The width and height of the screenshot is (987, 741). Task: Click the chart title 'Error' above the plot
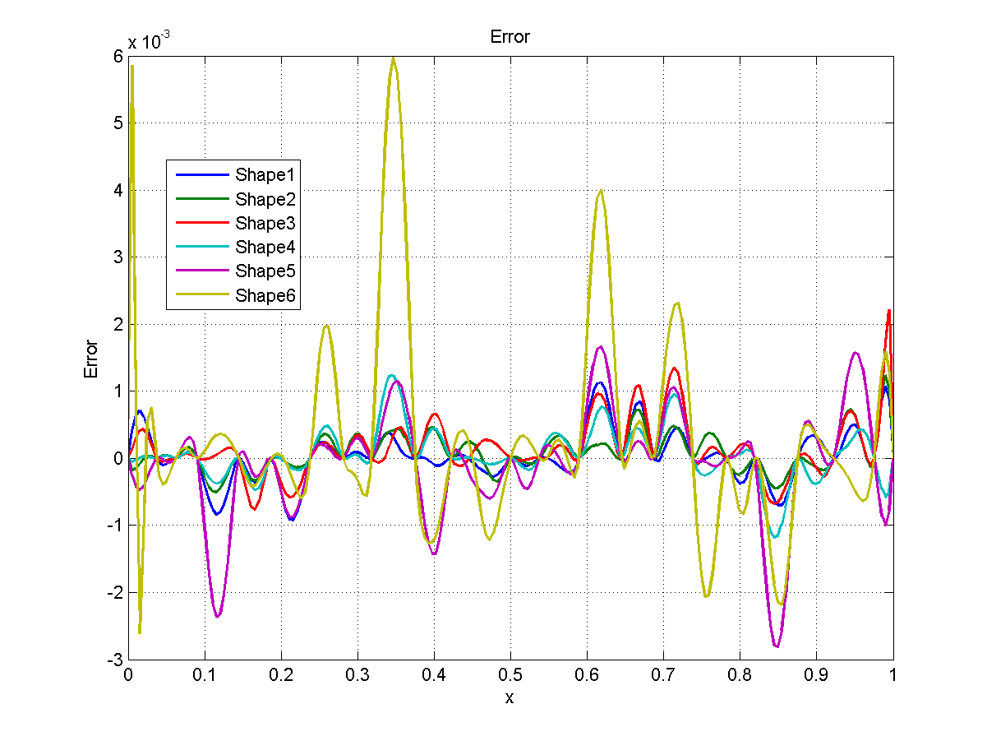tap(510, 37)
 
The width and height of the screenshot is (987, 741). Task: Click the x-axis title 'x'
tap(510, 697)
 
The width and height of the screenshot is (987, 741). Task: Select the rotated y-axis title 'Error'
tap(92, 359)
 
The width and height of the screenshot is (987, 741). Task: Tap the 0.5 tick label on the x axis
tap(510, 674)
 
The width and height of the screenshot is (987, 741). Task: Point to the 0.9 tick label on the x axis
tap(816, 674)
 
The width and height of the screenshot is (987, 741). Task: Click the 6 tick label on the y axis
tap(118, 56)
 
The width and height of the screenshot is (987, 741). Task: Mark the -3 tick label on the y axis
tap(115, 660)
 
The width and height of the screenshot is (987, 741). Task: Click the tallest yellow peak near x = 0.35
tap(394, 58)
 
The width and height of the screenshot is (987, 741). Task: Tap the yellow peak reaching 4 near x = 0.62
tap(601, 191)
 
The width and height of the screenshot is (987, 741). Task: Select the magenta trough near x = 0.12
tap(218, 616)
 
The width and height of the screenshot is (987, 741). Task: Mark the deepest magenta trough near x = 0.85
tap(776, 646)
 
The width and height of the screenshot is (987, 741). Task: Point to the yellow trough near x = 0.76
tap(707, 596)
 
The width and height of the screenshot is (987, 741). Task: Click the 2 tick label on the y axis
tap(118, 324)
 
